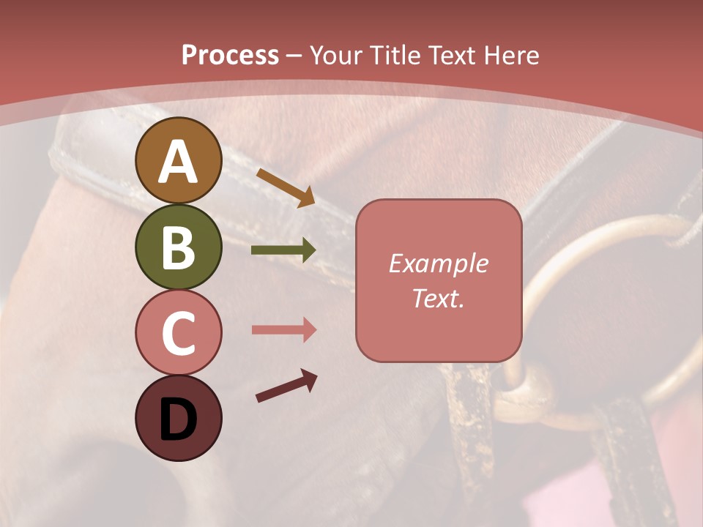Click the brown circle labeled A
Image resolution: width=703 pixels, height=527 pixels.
click(x=178, y=160)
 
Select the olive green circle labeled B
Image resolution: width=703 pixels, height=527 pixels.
click(x=178, y=247)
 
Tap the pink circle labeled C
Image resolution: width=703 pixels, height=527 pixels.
click(x=178, y=332)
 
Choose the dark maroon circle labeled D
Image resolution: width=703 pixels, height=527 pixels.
click(x=178, y=418)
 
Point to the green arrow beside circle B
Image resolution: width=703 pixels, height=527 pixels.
click(x=283, y=250)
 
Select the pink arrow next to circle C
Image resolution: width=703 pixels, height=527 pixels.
click(x=283, y=329)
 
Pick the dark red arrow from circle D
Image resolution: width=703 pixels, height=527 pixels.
click(x=286, y=386)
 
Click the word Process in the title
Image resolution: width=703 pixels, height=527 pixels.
click(x=230, y=56)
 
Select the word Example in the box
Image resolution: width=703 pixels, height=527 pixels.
click(x=438, y=263)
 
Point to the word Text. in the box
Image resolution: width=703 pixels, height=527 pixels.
click(x=438, y=298)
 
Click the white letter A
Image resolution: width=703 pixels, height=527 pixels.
click(x=178, y=162)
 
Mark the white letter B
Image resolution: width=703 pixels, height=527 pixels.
click(x=178, y=248)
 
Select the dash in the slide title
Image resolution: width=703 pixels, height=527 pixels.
click(x=294, y=56)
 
